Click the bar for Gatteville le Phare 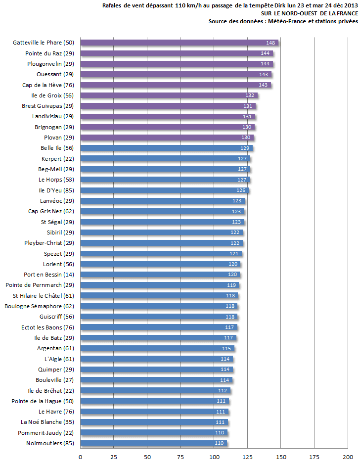(x=178, y=43)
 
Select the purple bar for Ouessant (x=176, y=74)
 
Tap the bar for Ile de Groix (x=168, y=95)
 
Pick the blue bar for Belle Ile (x=166, y=148)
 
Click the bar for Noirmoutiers (x=153, y=443)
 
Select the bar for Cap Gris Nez (x=162, y=211)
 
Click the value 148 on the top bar (x=270, y=43)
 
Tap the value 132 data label (x=250, y=95)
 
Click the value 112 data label (x=223, y=391)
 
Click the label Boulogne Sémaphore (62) (x=39, y=306)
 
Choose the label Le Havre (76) (x=56, y=412)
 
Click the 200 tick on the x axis (x=348, y=457)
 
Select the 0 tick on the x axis (x=80, y=457)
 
